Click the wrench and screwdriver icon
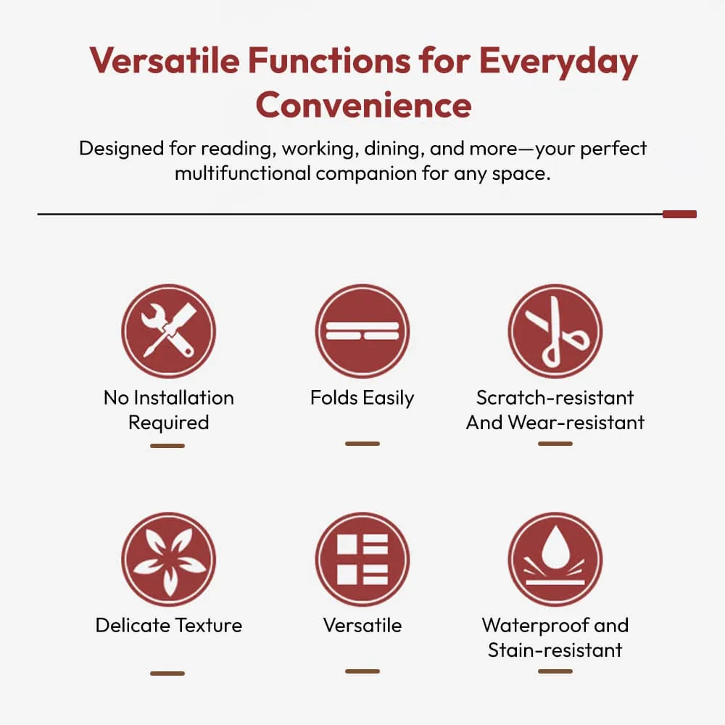(169, 331)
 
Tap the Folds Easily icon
(362, 331)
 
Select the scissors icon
(555, 331)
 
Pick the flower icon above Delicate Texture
(169, 559)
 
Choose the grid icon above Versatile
(362, 559)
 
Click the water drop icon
(555, 559)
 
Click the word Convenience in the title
(363, 105)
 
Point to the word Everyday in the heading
(558, 62)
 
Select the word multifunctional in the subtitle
(243, 173)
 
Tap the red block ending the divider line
(680, 214)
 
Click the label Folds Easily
(362, 398)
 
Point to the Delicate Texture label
(169, 625)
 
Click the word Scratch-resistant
(555, 397)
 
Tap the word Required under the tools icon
(169, 423)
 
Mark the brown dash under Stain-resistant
(555, 671)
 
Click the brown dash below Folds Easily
(362, 444)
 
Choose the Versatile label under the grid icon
(362, 625)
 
